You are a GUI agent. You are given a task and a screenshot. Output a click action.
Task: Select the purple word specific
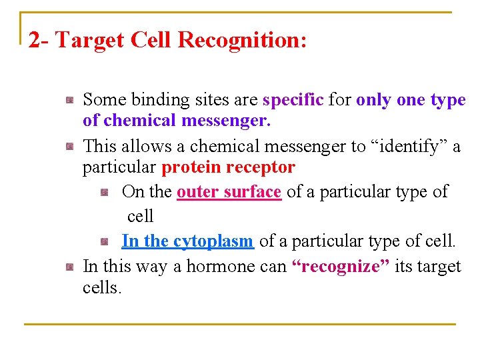(x=293, y=100)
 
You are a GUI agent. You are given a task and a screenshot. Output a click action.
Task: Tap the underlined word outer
(x=196, y=191)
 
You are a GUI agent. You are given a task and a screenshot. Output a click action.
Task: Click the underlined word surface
(x=250, y=191)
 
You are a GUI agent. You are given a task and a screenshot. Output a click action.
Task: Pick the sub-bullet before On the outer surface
(x=105, y=193)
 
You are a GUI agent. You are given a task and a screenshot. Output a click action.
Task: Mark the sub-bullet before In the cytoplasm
(x=105, y=241)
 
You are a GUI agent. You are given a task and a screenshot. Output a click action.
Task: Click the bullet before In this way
(x=69, y=267)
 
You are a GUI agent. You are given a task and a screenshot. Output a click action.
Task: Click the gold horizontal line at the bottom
(x=240, y=324)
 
